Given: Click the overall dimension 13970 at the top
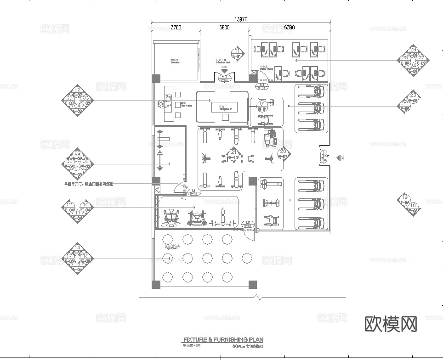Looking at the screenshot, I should pos(241,19).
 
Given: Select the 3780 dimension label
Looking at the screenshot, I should pos(176,28).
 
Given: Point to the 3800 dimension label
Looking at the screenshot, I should pos(224,28).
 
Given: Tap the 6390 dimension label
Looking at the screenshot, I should pos(289,28).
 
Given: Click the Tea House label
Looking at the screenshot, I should pos(183,104).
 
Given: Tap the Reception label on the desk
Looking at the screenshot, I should pos(223,108).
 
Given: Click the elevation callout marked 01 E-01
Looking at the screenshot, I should pos(237,54).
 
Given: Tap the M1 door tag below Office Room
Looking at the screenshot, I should pos(262,85).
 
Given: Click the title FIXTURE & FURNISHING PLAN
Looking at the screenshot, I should pos(230,340).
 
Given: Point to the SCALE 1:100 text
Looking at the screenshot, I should pos(248,346).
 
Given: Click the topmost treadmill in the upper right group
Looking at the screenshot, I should pos(312,91).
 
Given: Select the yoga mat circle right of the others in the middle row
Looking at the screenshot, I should pos(247,258).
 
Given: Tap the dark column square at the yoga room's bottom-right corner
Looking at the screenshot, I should pos(253,284).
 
